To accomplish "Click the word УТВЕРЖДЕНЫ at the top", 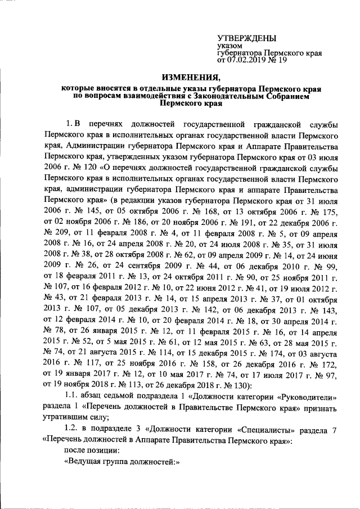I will [x=246, y=38].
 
